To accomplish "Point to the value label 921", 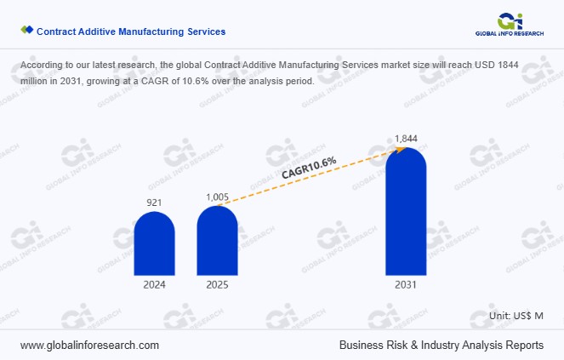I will point(154,203).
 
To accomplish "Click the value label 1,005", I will point(218,197).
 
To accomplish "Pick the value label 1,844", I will point(406,138).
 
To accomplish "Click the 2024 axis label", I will point(154,285).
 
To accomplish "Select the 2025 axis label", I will point(217,285).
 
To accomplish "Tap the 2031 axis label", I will point(406,285).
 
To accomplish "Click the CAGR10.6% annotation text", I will point(309,168).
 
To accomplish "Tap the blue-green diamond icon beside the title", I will point(26,31).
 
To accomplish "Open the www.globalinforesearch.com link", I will point(89,346).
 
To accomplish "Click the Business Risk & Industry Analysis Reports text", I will point(441,346).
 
